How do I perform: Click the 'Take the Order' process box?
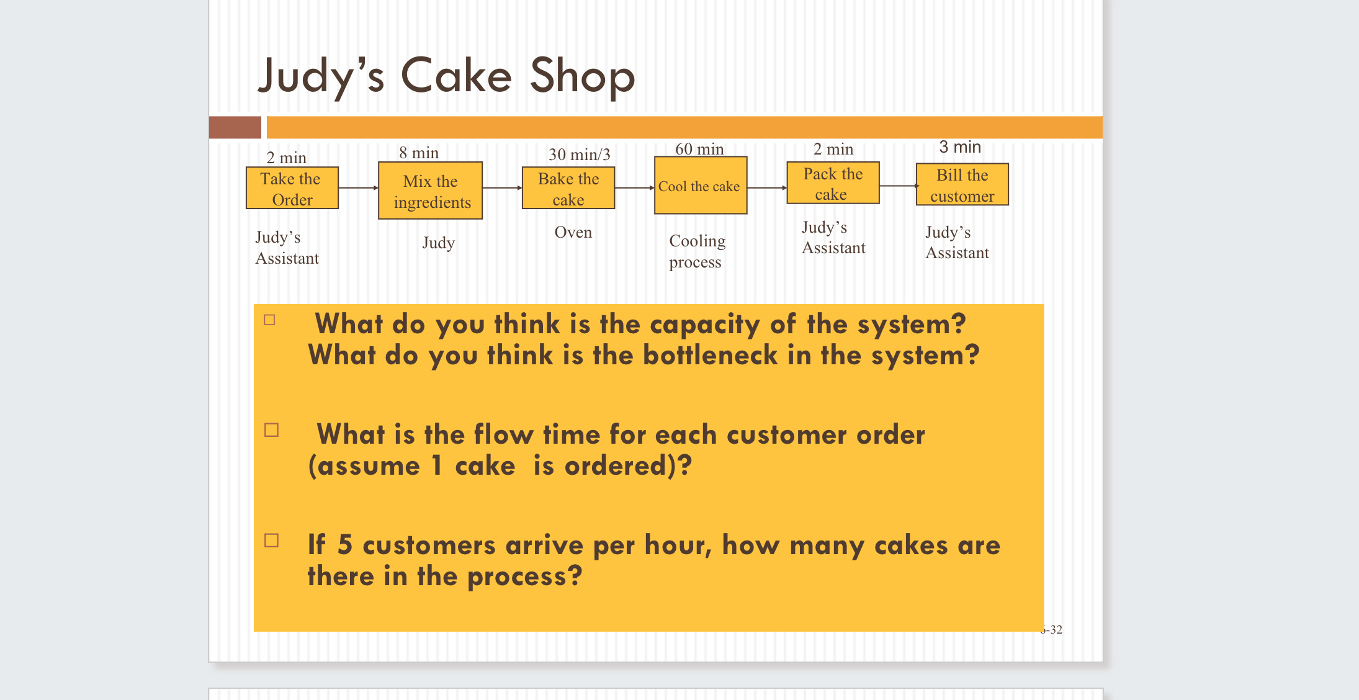(x=292, y=188)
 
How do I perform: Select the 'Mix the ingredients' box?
(x=430, y=191)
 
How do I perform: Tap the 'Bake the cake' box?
(x=568, y=188)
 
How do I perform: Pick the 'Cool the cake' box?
(x=700, y=186)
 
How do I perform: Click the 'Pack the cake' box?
(x=833, y=183)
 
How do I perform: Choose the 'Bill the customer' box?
(x=962, y=184)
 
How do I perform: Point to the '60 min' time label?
(x=699, y=149)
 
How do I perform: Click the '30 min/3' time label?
(x=579, y=154)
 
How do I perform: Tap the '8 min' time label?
(x=419, y=153)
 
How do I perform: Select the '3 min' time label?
(x=959, y=147)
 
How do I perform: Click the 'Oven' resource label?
(x=573, y=232)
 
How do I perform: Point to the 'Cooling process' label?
(x=696, y=251)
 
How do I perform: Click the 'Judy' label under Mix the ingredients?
(x=438, y=243)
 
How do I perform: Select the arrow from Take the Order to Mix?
(x=358, y=187)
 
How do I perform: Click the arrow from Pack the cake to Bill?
(x=898, y=186)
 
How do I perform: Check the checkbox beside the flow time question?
(x=271, y=430)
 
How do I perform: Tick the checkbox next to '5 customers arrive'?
(x=271, y=541)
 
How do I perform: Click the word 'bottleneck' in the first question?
(x=709, y=356)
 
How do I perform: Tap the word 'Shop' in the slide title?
(x=582, y=76)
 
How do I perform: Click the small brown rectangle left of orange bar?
(x=235, y=127)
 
